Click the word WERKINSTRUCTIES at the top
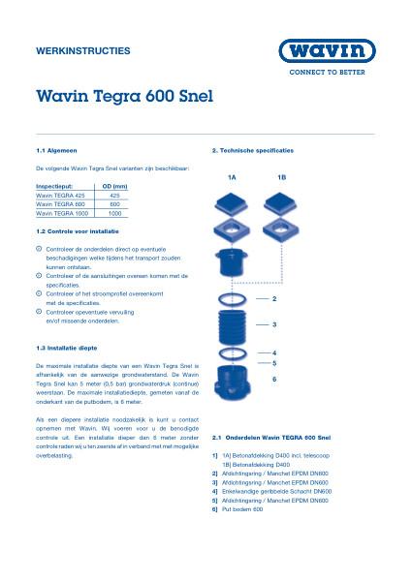click(82, 49)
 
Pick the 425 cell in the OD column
click(114, 195)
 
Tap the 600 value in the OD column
click(114, 204)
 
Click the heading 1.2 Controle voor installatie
click(79, 232)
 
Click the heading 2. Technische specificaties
click(252, 152)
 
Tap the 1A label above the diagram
click(232, 178)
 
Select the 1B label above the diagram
click(281, 178)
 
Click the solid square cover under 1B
click(281, 204)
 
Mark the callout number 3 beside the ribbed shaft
click(275, 324)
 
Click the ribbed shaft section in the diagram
click(233, 323)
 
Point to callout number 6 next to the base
click(275, 379)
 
